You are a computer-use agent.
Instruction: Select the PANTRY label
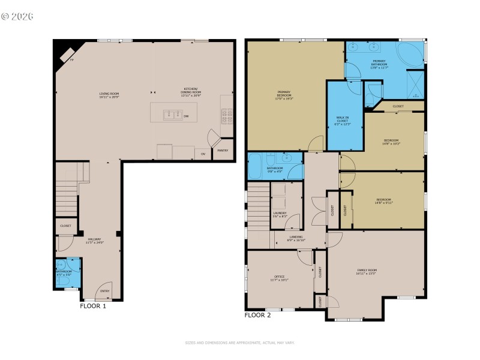coord(222,151)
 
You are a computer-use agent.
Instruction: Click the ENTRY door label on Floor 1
coord(105,292)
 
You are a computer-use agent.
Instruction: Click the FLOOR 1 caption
coord(93,306)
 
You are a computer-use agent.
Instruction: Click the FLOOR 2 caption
coord(257,315)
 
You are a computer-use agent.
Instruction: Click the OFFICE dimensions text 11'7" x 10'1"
coord(280,280)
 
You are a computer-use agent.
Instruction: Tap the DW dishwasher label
coord(186,116)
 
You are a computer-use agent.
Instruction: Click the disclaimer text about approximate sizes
coord(240,343)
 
